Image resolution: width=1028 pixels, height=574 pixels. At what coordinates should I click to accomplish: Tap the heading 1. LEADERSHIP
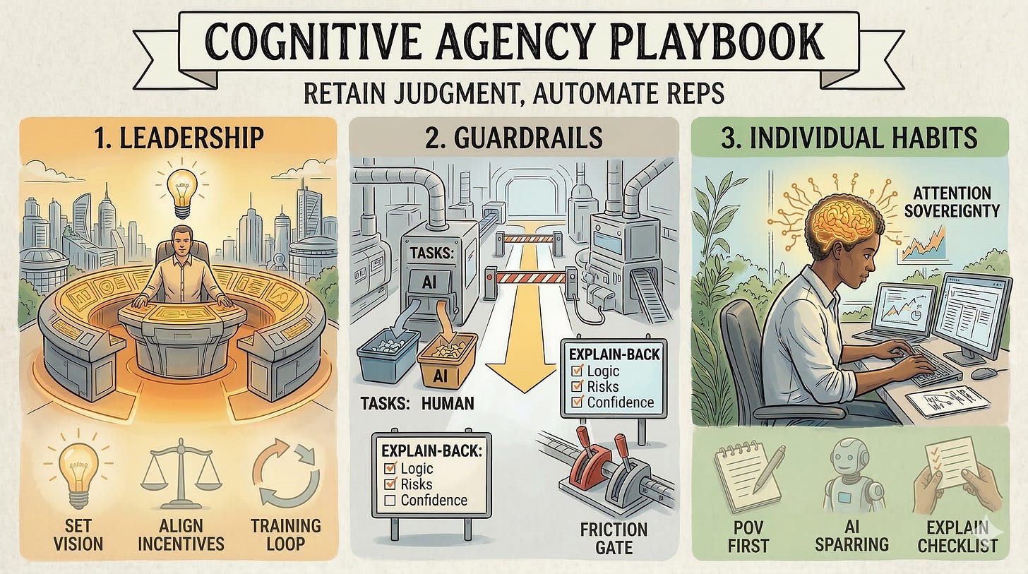pyautogui.click(x=180, y=138)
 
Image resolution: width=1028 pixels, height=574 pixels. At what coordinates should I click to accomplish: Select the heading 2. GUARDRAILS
pyautogui.click(x=513, y=138)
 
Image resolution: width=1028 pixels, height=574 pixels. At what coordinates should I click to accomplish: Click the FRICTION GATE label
pyautogui.click(x=614, y=537)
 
